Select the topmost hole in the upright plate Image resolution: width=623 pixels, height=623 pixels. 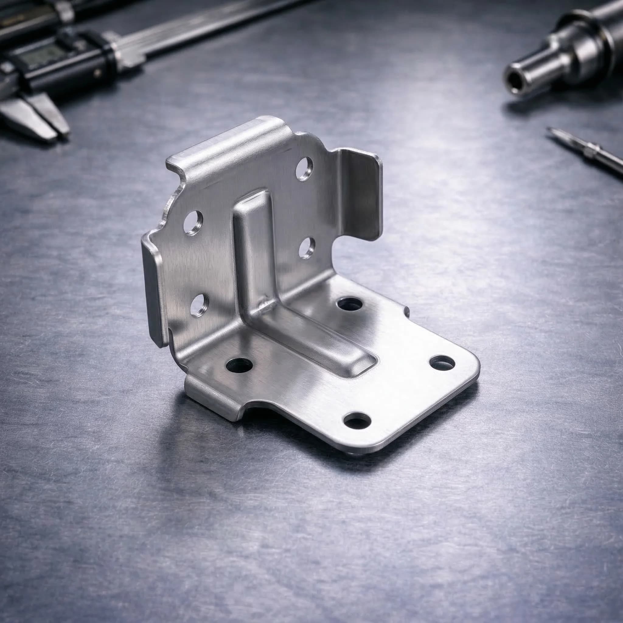(304, 167)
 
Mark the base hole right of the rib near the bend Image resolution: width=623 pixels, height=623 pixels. (350, 303)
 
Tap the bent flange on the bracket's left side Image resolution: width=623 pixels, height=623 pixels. (155, 290)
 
